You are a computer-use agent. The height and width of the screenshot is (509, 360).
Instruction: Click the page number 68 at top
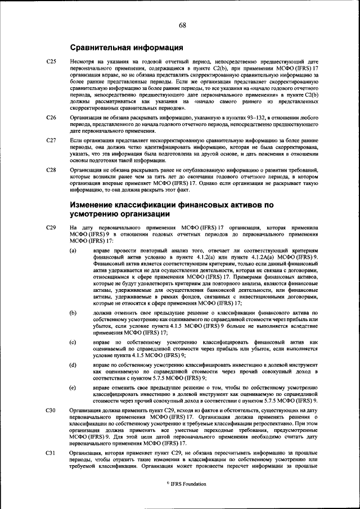point(183,25)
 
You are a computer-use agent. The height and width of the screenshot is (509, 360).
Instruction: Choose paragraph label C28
point(51,169)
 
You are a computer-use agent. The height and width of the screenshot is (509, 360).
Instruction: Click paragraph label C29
point(51,227)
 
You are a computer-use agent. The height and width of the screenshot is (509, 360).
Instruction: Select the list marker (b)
point(73,311)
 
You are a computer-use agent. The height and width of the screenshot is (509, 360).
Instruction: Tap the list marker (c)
point(73,341)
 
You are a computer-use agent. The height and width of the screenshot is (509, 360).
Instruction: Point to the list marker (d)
point(73,365)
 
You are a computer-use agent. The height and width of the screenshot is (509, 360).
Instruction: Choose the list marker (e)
point(73,388)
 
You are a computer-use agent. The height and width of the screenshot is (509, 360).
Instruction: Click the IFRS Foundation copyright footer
point(182,484)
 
